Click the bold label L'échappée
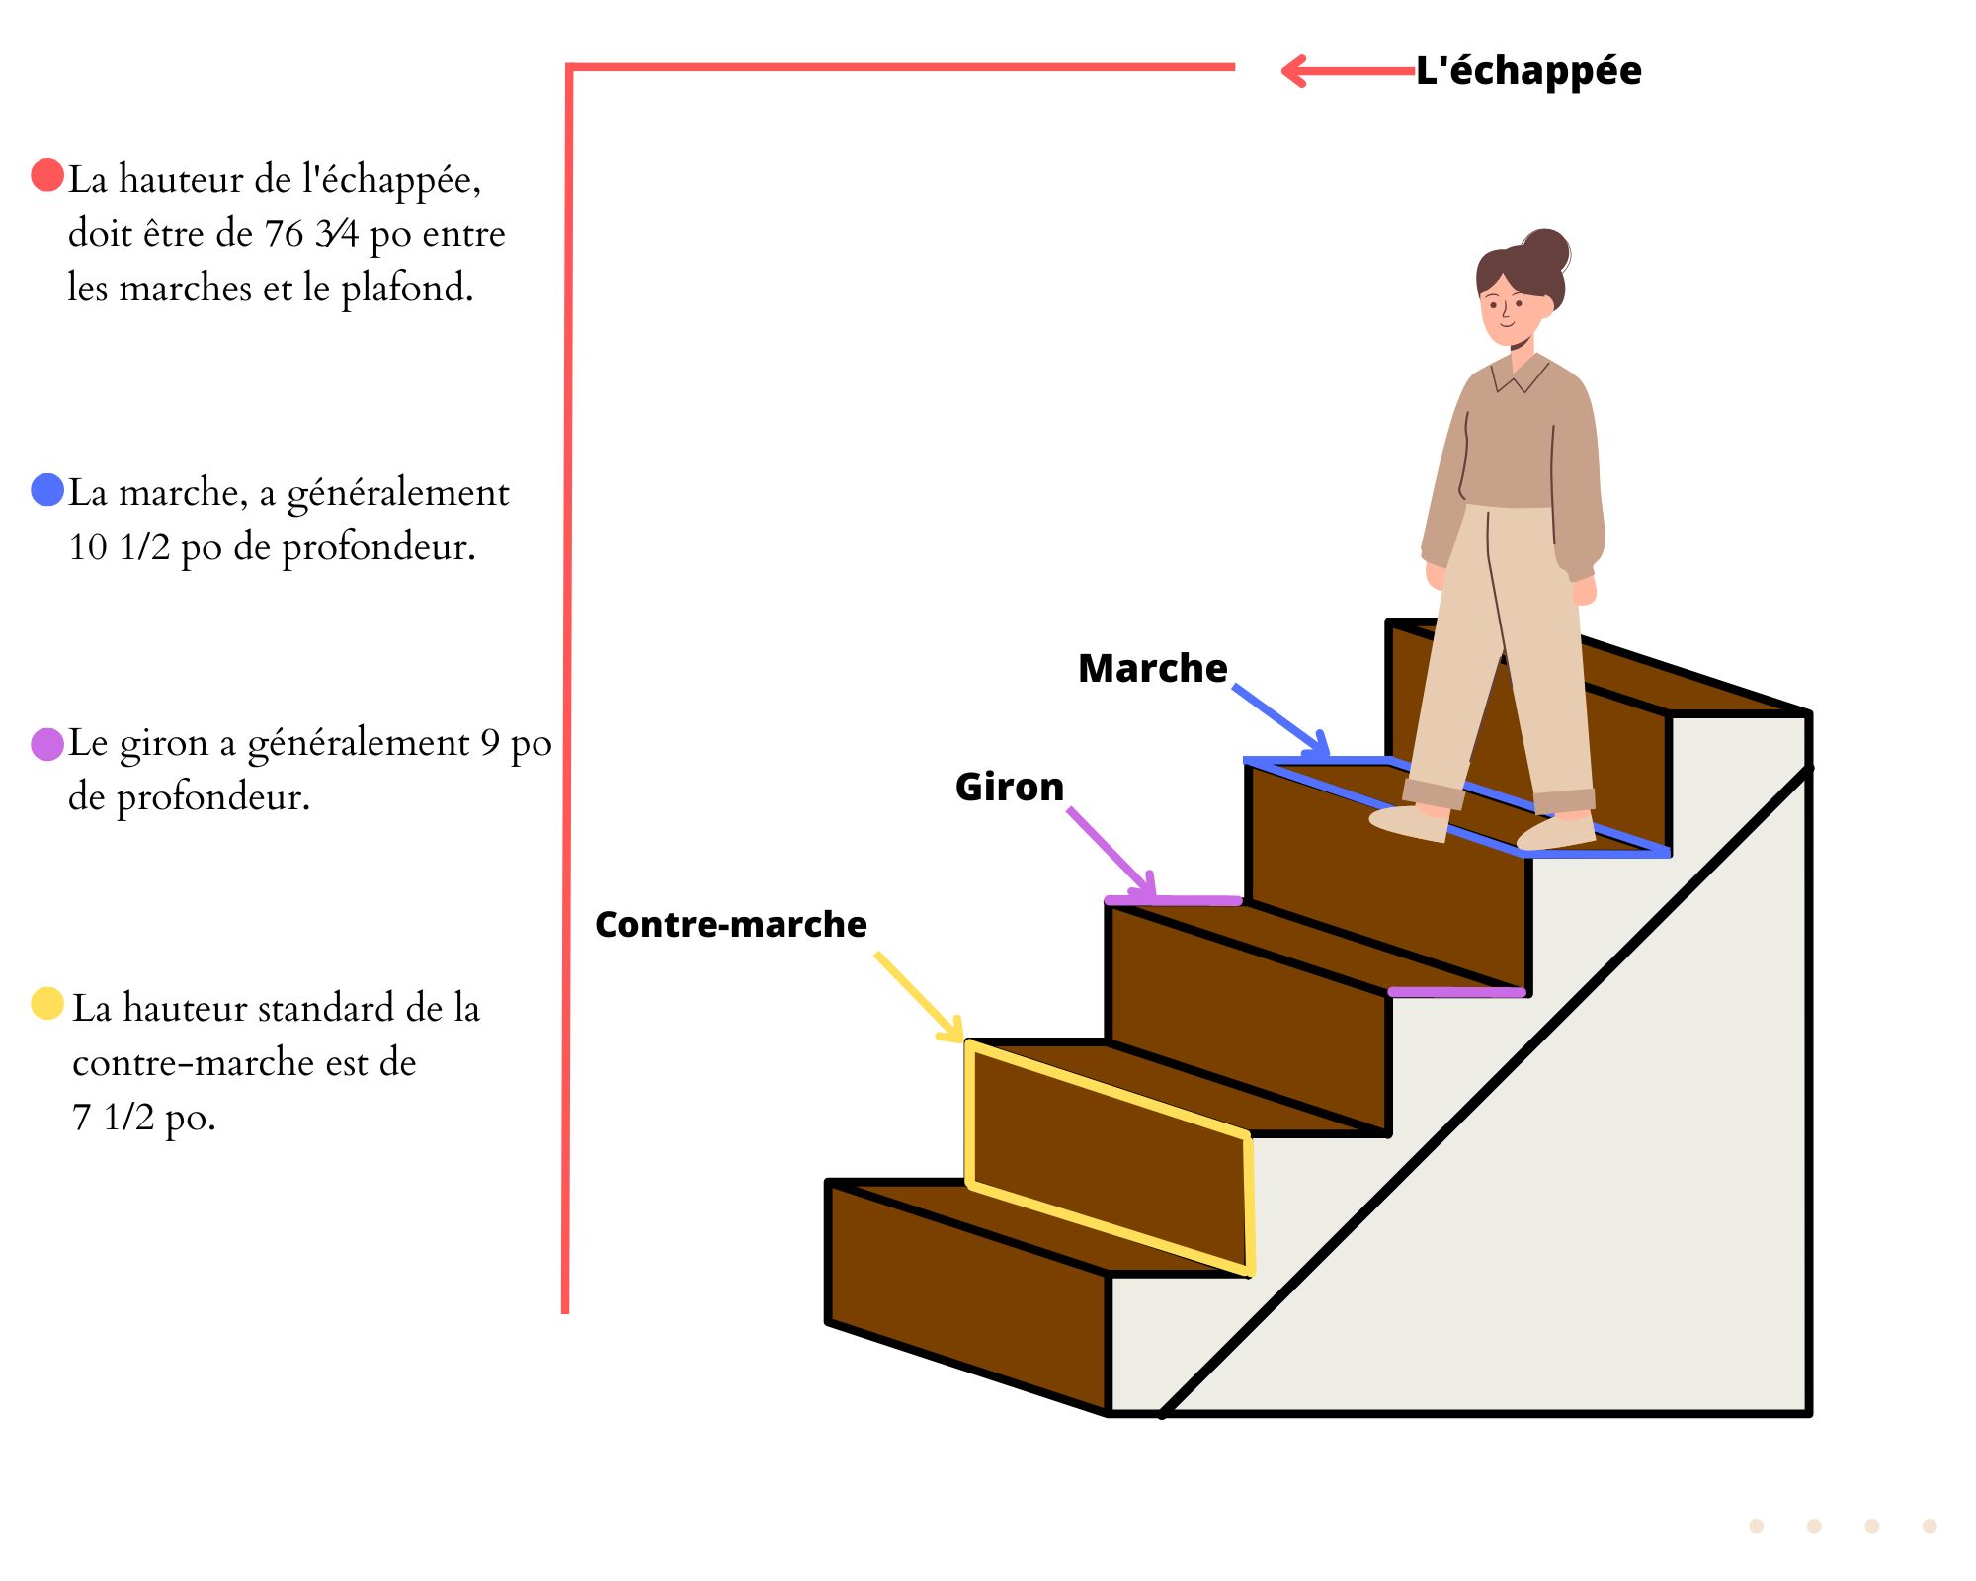1528,71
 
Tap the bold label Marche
1152,669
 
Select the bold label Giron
1009,788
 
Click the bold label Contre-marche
730,925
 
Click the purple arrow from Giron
1111,853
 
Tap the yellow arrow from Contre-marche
919,997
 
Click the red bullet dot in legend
47,175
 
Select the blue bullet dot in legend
47,489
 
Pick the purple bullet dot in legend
47,744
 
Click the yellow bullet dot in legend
47,1003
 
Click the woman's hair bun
1545,251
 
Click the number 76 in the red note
284,234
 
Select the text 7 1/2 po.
143,1118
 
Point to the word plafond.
406,289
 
